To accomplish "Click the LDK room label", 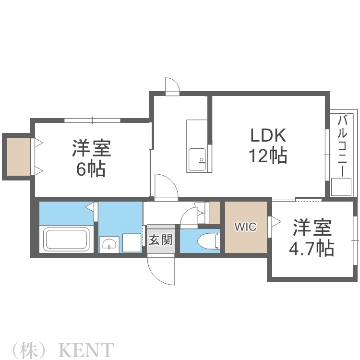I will click(267, 135).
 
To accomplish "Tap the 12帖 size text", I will click(267, 156).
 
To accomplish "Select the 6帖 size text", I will click(91, 169).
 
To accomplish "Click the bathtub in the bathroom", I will click(67, 239).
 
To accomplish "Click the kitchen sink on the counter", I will click(198, 159).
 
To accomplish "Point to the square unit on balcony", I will click(341, 186).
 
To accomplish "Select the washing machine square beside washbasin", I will click(131, 242).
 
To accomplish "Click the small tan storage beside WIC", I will click(214, 213).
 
